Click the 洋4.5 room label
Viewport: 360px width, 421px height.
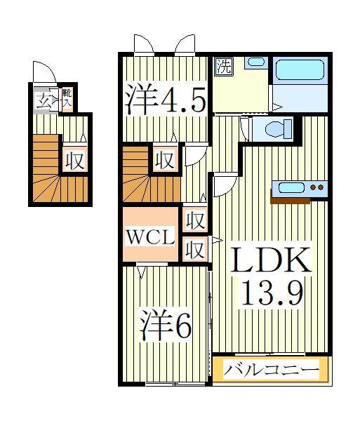click(x=166, y=100)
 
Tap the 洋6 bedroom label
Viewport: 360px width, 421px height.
click(x=165, y=325)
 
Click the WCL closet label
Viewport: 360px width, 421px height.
click(x=151, y=237)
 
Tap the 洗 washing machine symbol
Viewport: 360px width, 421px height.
click(x=223, y=68)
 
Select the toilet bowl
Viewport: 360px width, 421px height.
click(x=274, y=129)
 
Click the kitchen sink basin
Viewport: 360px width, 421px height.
click(x=291, y=187)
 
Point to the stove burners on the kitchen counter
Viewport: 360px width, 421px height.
click(x=317, y=187)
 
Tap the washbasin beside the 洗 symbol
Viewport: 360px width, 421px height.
click(x=255, y=62)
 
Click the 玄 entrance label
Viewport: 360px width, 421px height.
click(x=44, y=100)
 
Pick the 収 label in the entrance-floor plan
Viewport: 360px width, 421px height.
click(x=74, y=161)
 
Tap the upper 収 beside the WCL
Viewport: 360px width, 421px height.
click(x=196, y=221)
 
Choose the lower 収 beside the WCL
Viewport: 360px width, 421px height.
click(x=196, y=248)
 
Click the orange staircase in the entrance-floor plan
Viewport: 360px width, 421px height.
click(x=46, y=168)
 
